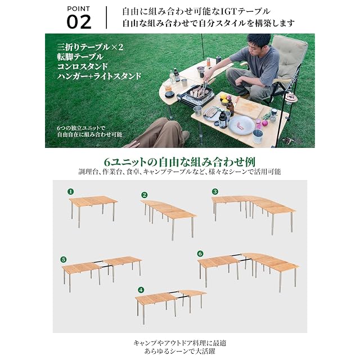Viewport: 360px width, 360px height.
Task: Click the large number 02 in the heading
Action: click(x=79, y=22)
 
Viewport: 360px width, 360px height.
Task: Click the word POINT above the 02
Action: click(x=79, y=9)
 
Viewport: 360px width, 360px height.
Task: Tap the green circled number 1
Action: click(x=71, y=191)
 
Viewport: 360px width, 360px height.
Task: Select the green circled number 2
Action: click(x=144, y=195)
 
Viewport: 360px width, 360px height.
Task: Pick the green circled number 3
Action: click(x=215, y=191)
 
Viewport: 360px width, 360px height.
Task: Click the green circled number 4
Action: click(x=141, y=290)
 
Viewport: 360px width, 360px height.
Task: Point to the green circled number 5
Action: click(x=64, y=259)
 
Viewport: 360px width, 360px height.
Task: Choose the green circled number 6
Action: click(x=200, y=254)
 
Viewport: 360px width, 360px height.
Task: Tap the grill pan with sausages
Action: click(x=200, y=92)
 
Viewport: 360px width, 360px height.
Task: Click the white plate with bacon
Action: click(x=241, y=125)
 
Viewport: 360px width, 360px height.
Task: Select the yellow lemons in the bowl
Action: click(x=224, y=98)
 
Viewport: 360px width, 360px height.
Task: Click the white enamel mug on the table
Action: click(x=258, y=136)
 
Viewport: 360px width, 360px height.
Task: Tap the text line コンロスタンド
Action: click(x=83, y=66)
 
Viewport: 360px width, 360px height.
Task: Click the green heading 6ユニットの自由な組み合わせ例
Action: click(x=180, y=161)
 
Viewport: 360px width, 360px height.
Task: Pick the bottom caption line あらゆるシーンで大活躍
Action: click(x=180, y=351)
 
